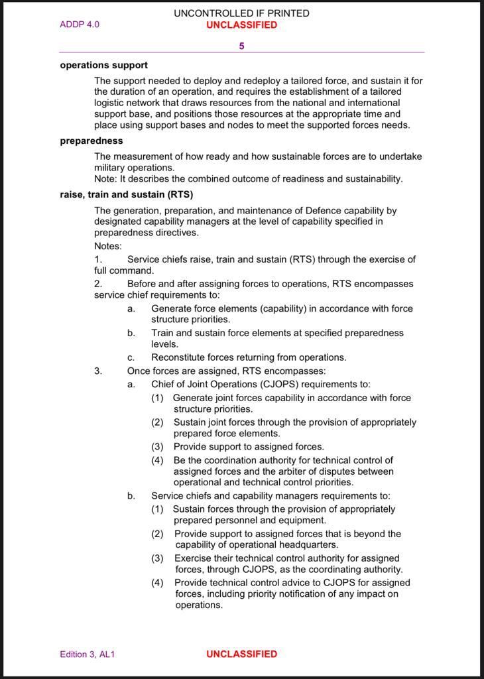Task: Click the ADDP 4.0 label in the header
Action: point(80,25)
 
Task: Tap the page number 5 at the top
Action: point(241,46)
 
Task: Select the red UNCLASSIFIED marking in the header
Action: point(241,25)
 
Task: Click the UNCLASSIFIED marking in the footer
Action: point(241,654)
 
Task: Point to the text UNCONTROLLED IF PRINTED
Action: point(241,13)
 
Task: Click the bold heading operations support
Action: point(103,65)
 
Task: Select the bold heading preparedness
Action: point(91,141)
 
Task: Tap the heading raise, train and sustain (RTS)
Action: point(126,194)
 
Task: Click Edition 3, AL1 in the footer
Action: point(88,654)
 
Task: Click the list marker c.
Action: point(131,357)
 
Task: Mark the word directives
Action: point(176,233)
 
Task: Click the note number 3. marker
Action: point(98,371)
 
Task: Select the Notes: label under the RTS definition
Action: point(108,246)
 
